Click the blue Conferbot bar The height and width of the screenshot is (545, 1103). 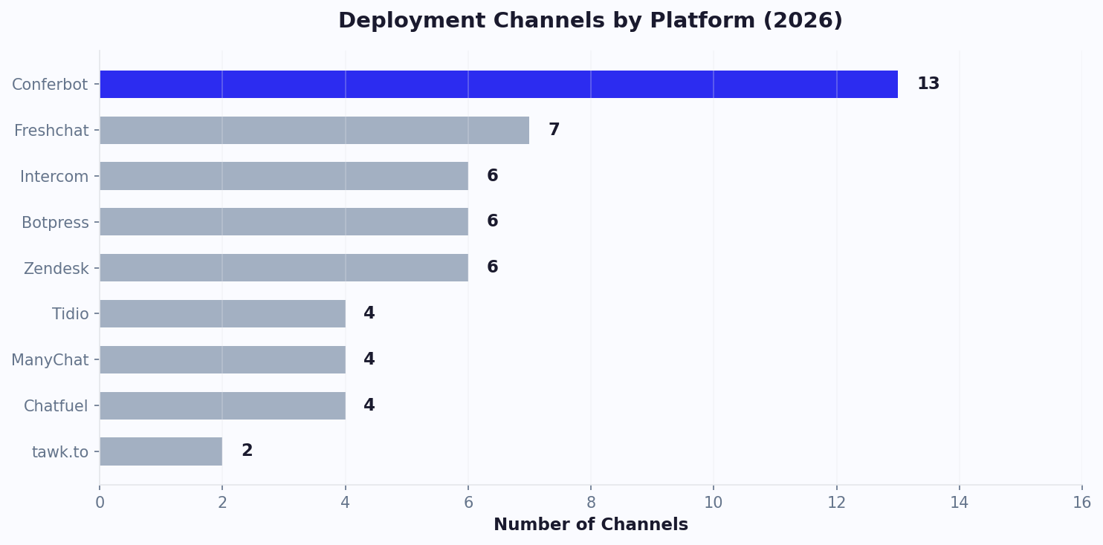click(x=498, y=85)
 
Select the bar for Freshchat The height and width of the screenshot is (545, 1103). click(x=314, y=131)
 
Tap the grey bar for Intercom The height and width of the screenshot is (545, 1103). click(x=284, y=176)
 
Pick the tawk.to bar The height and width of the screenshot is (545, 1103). click(x=161, y=451)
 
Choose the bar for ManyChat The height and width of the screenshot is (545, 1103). click(x=222, y=359)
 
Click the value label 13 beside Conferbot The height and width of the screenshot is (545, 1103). click(x=928, y=85)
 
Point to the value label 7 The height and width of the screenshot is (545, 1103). click(x=554, y=131)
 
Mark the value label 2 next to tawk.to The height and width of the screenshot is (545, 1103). click(x=247, y=451)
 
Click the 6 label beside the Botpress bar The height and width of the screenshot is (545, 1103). click(x=492, y=222)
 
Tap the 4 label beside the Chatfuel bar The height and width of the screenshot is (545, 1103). click(x=369, y=405)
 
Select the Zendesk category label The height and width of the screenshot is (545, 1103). click(x=56, y=269)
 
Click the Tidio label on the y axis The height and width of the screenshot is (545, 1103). click(x=70, y=314)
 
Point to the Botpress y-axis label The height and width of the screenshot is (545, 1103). click(x=55, y=223)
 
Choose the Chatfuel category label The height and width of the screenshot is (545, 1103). click(x=56, y=406)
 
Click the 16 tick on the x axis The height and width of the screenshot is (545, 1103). click(x=1081, y=503)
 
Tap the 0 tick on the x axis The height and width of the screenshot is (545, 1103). click(x=100, y=503)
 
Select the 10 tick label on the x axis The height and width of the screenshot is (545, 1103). click(x=714, y=503)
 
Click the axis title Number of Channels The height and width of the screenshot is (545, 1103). click(x=590, y=525)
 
